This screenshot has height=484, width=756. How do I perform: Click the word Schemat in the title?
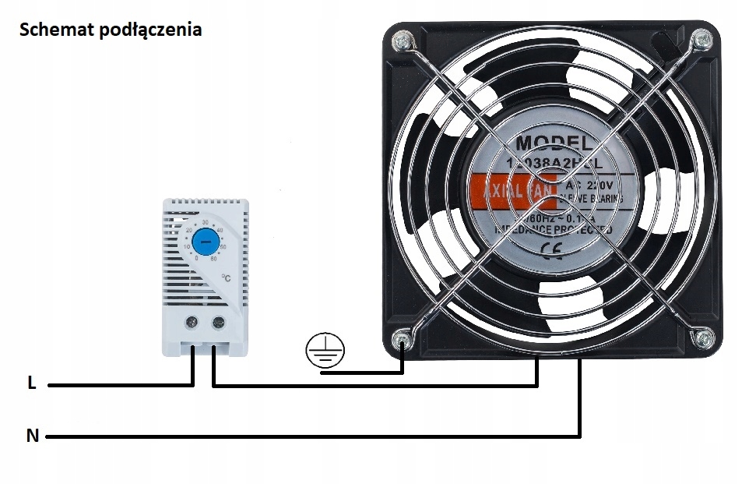[52, 30]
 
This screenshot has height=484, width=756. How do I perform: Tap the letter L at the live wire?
[31, 383]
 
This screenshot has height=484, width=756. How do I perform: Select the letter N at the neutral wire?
[32, 436]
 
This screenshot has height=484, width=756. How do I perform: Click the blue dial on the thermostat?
[205, 242]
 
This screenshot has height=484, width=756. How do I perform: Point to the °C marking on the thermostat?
[226, 277]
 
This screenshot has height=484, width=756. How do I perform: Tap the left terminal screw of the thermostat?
[192, 320]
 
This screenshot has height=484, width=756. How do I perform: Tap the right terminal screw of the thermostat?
[217, 320]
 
